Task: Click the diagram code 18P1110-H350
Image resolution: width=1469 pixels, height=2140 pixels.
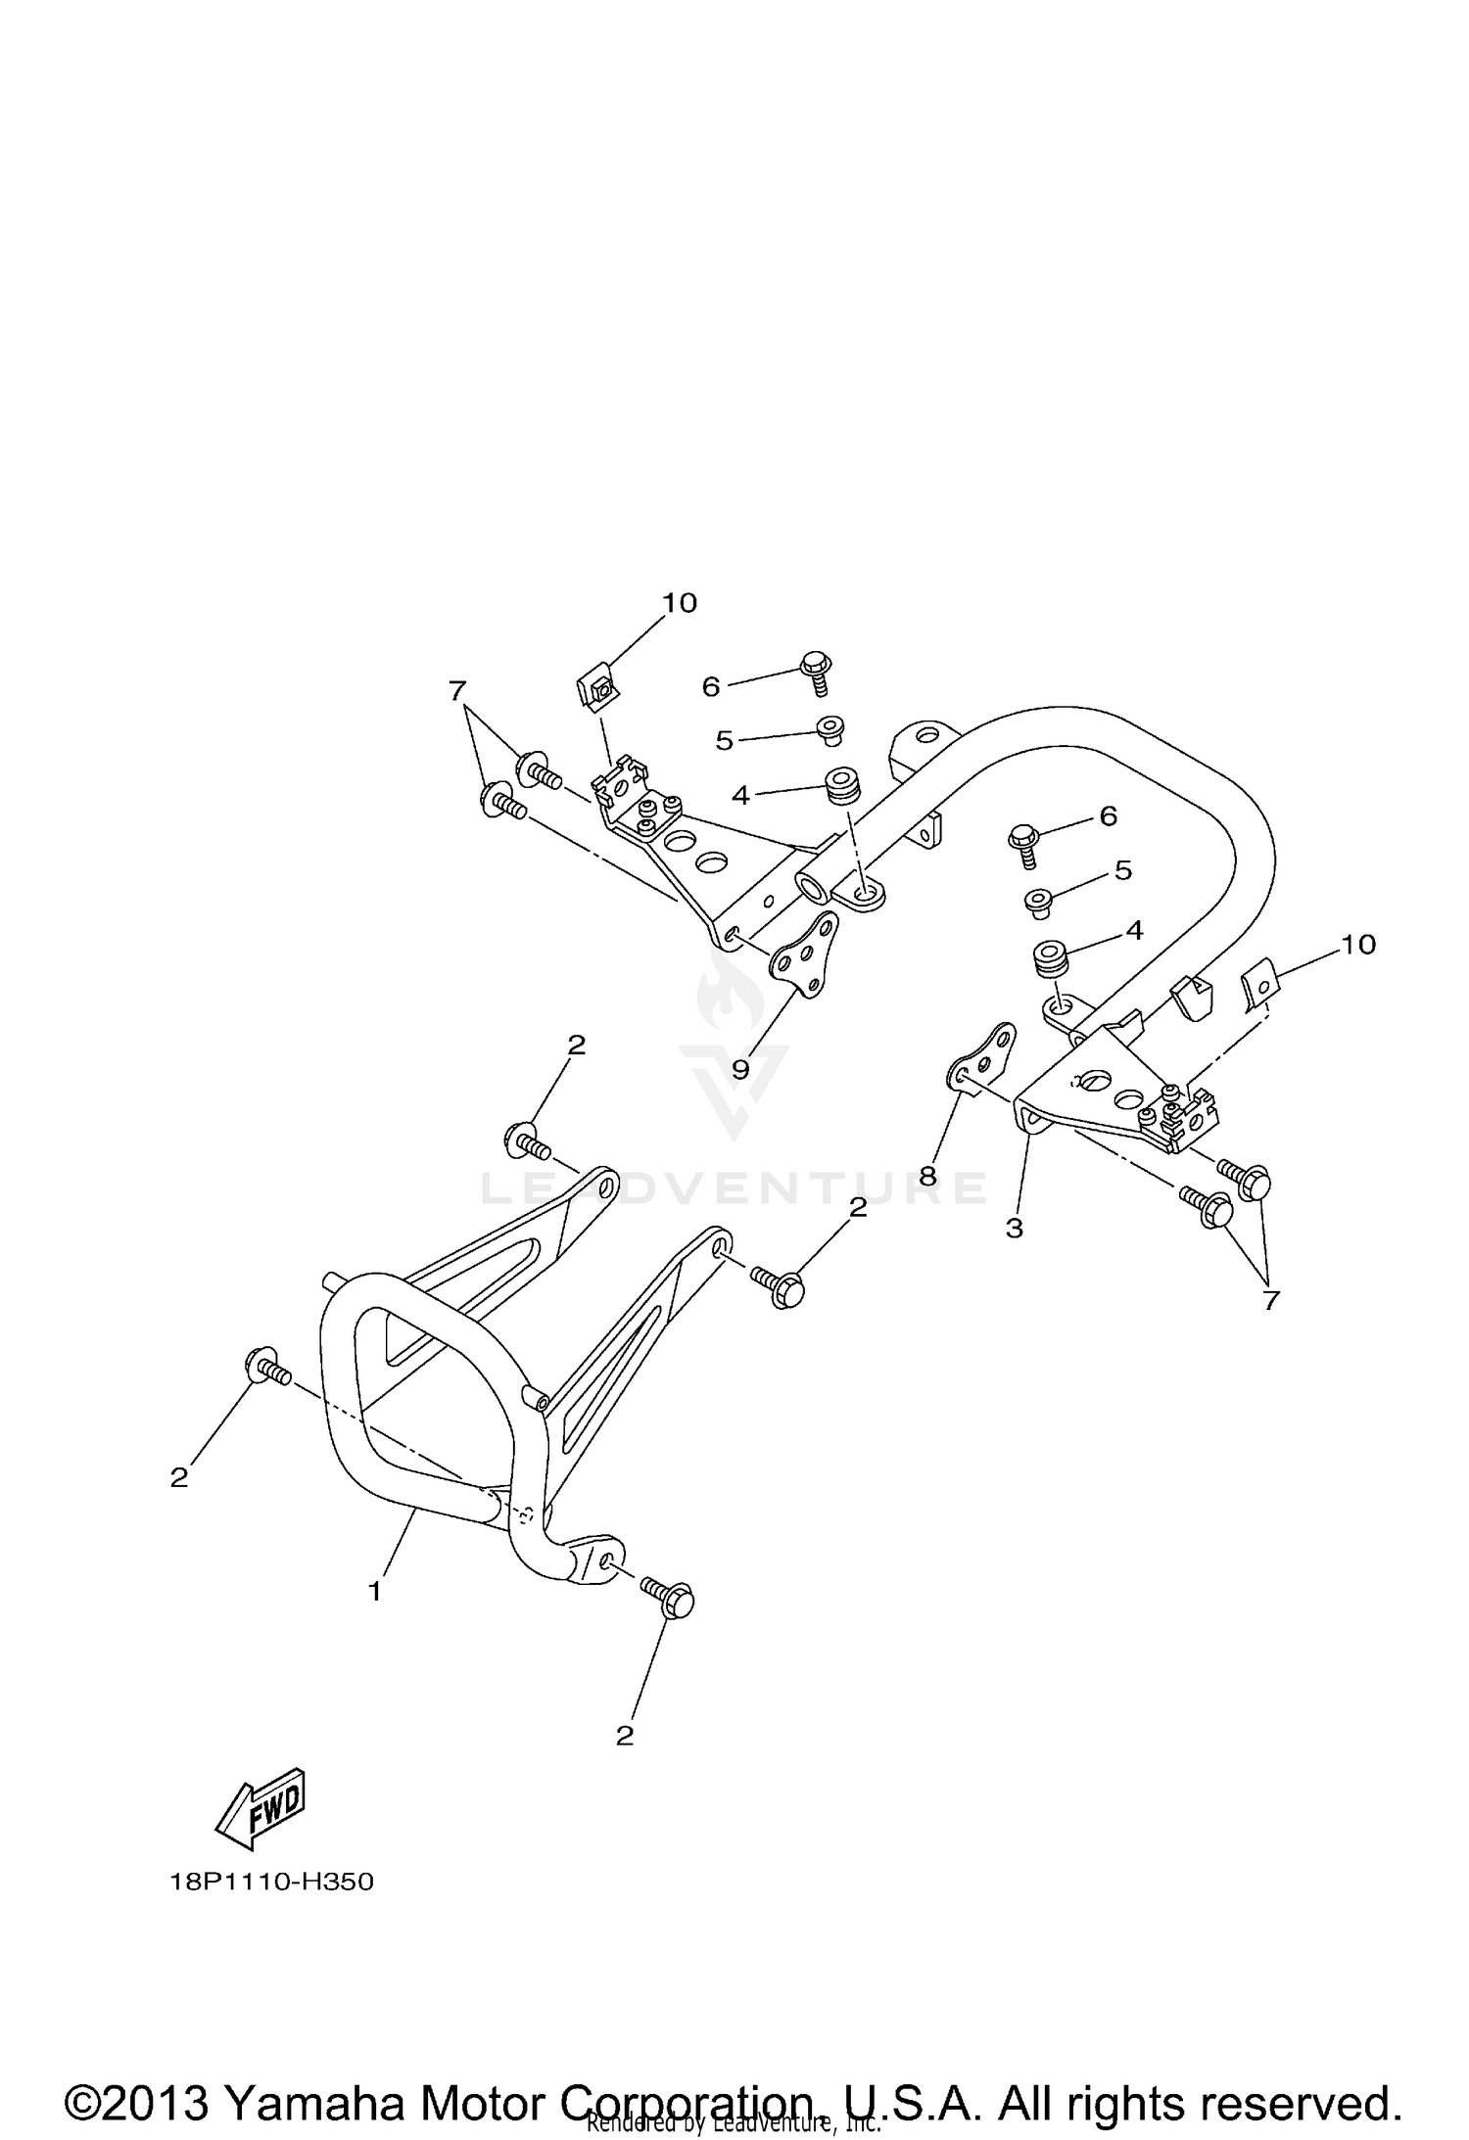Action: pyautogui.click(x=272, y=1883)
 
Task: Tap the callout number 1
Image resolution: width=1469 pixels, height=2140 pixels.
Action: pyautogui.click(x=374, y=1592)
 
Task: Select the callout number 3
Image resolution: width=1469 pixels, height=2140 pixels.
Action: pyautogui.click(x=1014, y=1228)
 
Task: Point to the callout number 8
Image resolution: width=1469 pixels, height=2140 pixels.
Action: pyautogui.click(x=927, y=1175)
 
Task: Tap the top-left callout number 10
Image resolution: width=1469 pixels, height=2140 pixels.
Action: pyautogui.click(x=679, y=603)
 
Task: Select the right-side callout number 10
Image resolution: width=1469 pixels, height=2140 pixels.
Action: pyautogui.click(x=1358, y=945)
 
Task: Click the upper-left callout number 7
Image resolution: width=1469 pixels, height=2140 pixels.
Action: pyautogui.click(x=456, y=691)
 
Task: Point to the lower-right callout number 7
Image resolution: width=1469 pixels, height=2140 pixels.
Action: pyautogui.click(x=1270, y=1300)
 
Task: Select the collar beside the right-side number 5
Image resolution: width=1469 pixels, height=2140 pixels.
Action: pyautogui.click(x=1037, y=902)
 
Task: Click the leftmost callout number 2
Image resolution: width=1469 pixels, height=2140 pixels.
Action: pyautogui.click(x=179, y=1477)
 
